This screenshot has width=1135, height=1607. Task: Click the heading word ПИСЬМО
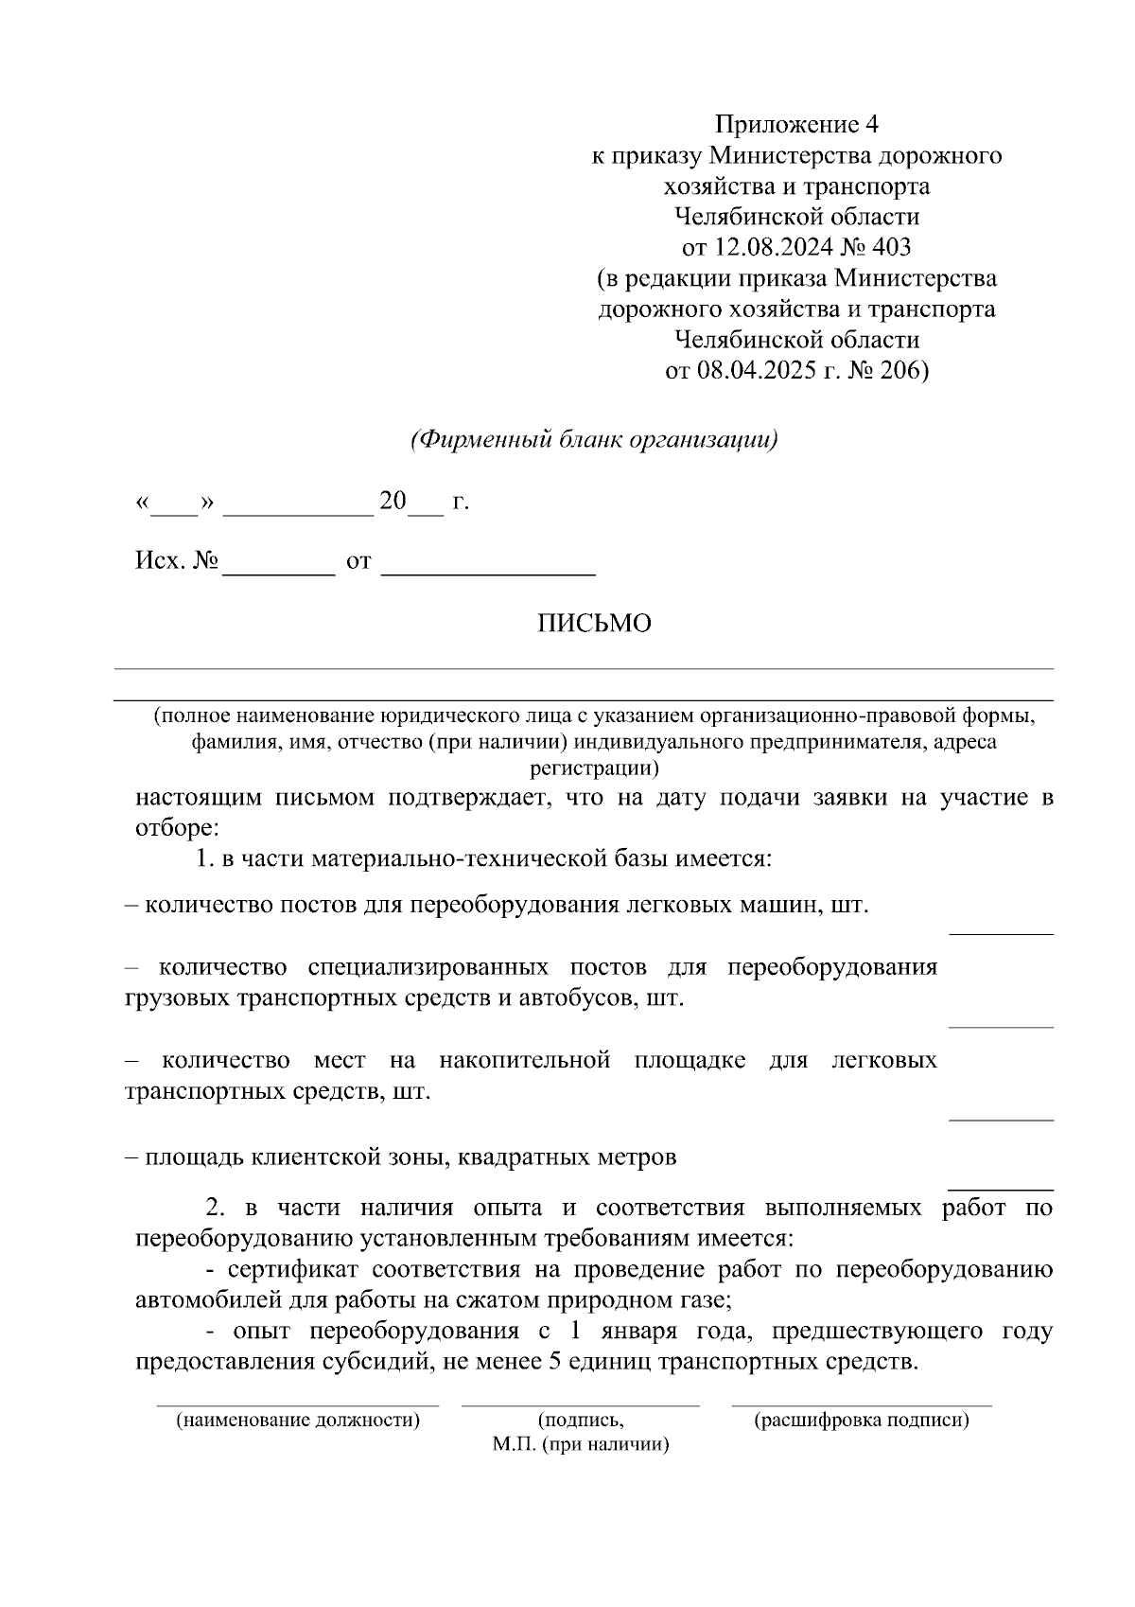[x=594, y=624]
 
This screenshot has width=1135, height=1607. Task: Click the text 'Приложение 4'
[x=796, y=124]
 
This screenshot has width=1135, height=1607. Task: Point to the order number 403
[x=890, y=248]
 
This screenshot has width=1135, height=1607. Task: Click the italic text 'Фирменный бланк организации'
[x=594, y=440]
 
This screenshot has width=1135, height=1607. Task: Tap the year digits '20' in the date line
[x=392, y=501]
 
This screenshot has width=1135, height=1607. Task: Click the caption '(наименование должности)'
[x=298, y=1420]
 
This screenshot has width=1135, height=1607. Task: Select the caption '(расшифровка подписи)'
[x=861, y=1420]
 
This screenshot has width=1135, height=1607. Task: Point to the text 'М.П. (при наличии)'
[x=581, y=1445]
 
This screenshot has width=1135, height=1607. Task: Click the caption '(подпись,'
[x=581, y=1420]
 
